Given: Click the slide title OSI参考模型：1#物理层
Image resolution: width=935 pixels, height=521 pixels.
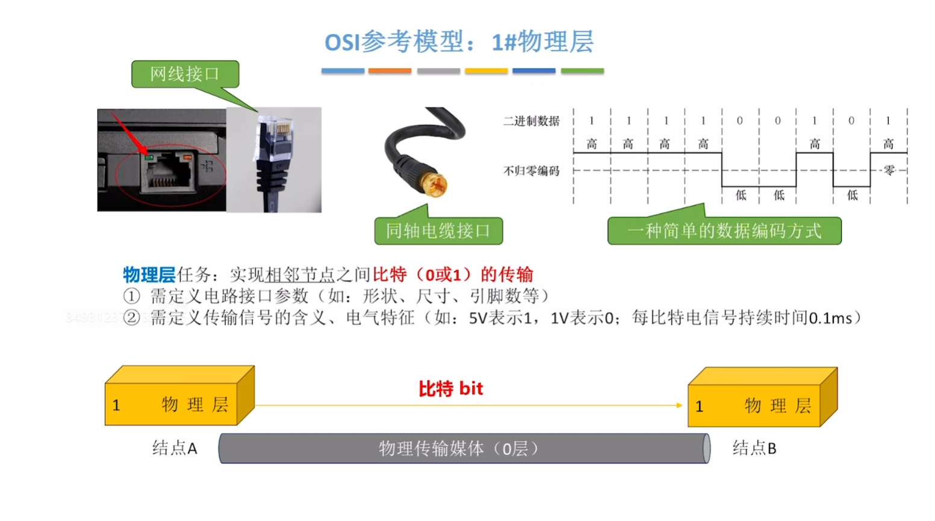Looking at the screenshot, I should tap(459, 42).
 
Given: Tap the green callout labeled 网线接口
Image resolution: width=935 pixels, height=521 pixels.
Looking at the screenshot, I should tap(185, 74).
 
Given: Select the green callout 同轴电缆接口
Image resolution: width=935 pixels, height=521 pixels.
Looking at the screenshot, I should tap(438, 231).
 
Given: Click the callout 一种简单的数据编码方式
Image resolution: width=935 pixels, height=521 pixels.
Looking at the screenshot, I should tap(724, 231).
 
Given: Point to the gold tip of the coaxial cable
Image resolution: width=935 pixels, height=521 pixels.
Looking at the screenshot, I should tap(433, 184).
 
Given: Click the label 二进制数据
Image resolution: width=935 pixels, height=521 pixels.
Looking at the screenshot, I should tap(531, 121).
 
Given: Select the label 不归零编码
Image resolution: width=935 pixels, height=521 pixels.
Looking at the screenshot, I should tap(531, 171).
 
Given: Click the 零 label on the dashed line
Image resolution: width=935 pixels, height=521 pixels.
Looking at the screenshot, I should tap(889, 171).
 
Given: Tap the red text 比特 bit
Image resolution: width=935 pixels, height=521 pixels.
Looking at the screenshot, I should tap(451, 389).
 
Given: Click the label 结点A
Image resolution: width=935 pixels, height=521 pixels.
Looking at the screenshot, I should tap(175, 448).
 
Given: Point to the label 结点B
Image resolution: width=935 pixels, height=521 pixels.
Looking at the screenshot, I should tap(754, 448).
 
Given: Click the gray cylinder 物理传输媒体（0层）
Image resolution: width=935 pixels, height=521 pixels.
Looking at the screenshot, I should tap(464, 448).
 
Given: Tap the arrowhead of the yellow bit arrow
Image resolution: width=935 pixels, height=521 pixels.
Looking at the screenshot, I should tap(679, 405).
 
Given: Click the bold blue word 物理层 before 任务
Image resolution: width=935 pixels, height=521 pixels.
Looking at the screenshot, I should tap(149, 275).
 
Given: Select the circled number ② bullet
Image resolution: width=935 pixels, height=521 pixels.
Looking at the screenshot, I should tap(131, 317).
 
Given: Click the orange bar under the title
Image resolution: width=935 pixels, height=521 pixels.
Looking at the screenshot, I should tap(390, 71).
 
